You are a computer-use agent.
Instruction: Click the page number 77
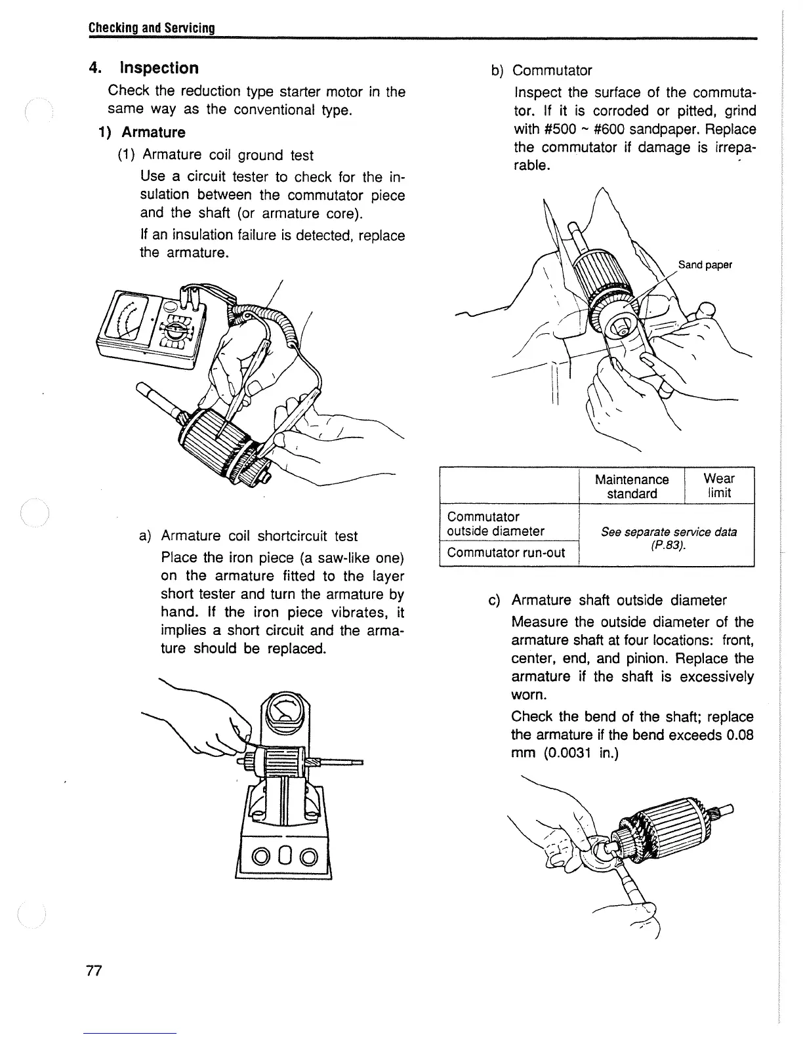point(94,971)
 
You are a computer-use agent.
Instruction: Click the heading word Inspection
point(159,68)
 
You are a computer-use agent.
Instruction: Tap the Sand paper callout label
point(705,265)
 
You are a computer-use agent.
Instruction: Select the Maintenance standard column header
point(631,486)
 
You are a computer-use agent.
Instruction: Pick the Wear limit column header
point(719,485)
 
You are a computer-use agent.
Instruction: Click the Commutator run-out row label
point(506,552)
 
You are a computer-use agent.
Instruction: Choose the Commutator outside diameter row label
point(495,523)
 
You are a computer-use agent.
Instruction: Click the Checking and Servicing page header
point(152,28)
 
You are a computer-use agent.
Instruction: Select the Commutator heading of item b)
point(552,70)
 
